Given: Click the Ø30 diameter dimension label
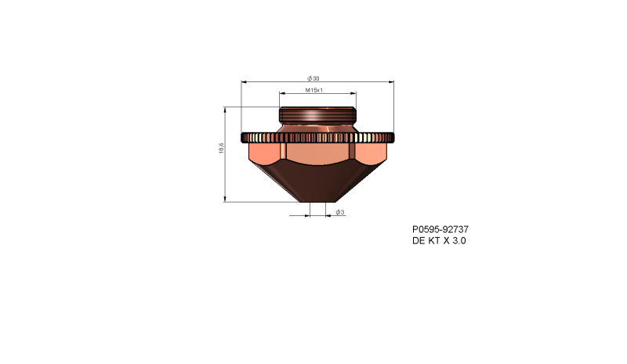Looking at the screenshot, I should point(313,78).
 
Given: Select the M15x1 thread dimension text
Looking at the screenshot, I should point(314,91).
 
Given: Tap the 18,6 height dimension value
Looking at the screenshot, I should point(222,148).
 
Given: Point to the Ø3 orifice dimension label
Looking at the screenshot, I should point(340,212).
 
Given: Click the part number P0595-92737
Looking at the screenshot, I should point(440,229).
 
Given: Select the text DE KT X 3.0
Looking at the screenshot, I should point(439,241).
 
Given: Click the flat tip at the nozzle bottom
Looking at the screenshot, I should point(318,200).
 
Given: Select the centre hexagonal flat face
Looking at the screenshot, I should point(317,153).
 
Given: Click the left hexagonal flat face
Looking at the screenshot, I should point(264,151).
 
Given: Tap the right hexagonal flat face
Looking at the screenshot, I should point(371,151).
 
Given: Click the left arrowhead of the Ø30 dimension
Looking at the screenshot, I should point(244,81).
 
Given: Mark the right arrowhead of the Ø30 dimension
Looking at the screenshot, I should point(391,81).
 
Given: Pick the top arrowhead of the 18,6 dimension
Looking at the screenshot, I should point(226,109).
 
